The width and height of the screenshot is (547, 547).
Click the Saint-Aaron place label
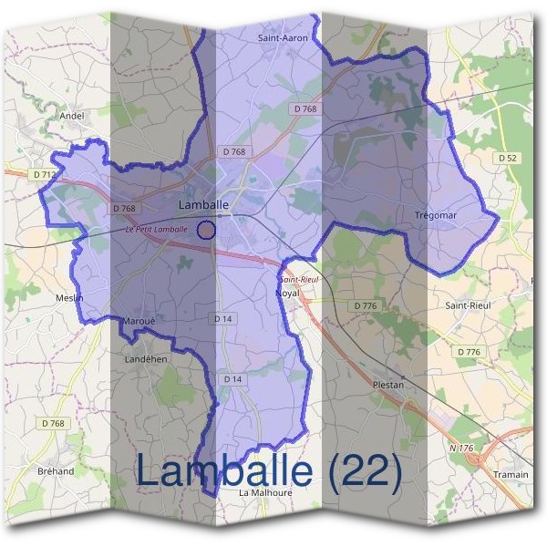(x=283, y=39)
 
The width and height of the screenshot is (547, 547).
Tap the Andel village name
(x=71, y=116)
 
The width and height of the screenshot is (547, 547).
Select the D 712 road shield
(x=43, y=174)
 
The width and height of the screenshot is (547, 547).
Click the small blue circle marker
(x=207, y=230)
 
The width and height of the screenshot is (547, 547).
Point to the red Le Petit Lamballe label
(x=156, y=230)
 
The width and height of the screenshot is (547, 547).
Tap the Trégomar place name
(x=435, y=215)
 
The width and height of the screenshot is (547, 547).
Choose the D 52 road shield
(x=508, y=158)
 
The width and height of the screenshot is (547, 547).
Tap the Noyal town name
(x=287, y=294)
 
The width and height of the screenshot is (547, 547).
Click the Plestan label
(x=387, y=385)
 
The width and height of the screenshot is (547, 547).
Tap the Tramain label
(x=511, y=475)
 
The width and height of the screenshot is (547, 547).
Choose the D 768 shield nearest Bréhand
(x=55, y=423)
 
